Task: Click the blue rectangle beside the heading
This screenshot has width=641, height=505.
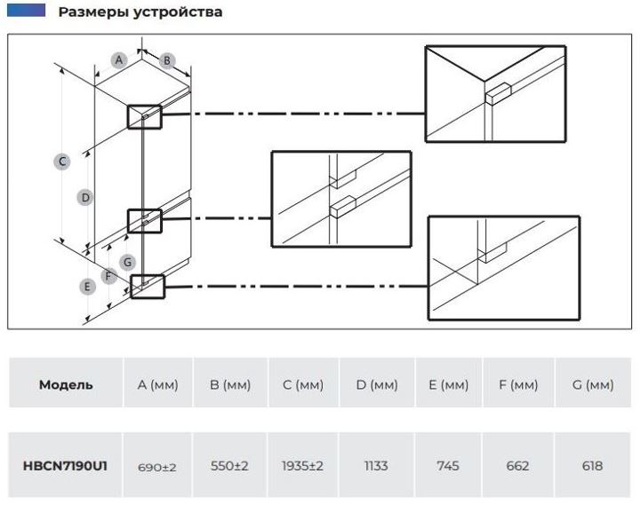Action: coord(26,10)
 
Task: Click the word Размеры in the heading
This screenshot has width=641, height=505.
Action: coord(94,12)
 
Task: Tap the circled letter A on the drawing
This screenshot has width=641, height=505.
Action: coord(119,60)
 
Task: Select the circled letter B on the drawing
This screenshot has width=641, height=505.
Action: coord(167,61)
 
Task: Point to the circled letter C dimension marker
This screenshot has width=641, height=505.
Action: coord(62,162)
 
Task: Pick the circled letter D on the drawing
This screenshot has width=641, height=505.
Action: coord(85,198)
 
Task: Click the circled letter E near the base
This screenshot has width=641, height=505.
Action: coord(87,287)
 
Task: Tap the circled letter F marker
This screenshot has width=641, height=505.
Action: coord(108,276)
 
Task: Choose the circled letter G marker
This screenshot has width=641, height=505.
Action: coord(127,262)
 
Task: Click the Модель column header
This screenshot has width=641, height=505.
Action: coord(66,384)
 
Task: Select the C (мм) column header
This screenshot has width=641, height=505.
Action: coord(303,384)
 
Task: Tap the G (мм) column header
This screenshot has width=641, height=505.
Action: coord(593,384)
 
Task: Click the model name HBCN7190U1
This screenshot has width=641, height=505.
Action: coord(65,466)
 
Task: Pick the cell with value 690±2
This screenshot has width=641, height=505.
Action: coord(157,467)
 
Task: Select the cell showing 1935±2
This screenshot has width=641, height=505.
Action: coord(302,466)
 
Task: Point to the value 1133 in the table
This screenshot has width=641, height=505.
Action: coord(376,466)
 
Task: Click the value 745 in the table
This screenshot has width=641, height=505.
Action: coord(448,466)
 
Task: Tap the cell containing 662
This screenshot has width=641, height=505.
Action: coord(517,466)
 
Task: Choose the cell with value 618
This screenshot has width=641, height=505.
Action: coord(592,466)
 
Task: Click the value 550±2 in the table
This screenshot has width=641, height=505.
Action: coord(229,466)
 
